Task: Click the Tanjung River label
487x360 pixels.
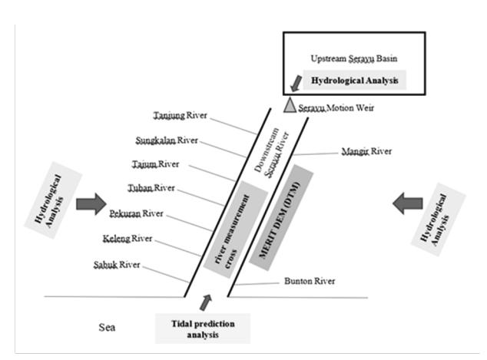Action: click(x=181, y=115)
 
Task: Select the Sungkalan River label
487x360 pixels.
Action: click(x=167, y=140)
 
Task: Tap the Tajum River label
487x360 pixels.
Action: click(x=156, y=164)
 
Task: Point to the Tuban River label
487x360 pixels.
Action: click(x=151, y=188)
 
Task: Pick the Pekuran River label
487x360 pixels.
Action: click(x=136, y=213)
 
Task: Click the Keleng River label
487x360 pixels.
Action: click(x=128, y=239)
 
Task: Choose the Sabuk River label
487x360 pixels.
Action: click(x=117, y=265)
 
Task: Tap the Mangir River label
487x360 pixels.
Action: click(x=366, y=151)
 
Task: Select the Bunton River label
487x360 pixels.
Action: click(x=310, y=281)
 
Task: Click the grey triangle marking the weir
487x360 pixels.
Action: click(x=290, y=106)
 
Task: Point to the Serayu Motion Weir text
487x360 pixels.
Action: click(x=336, y=108)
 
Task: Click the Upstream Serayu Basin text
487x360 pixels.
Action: click(x=354, y=58)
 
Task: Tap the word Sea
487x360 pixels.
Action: click(x=107, y=328)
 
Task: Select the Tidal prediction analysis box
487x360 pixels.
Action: click(x=203, y=329)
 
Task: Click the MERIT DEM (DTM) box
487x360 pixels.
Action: click(x=281, y=217)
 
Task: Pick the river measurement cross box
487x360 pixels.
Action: click(x=235, y=229)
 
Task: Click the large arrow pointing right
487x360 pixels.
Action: click(x=91, y=204)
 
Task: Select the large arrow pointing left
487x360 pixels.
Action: click(x=407, y=203)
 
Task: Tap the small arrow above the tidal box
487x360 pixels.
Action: click(x=206, y=302)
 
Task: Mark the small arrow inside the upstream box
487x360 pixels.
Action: click(x=297, y=84)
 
